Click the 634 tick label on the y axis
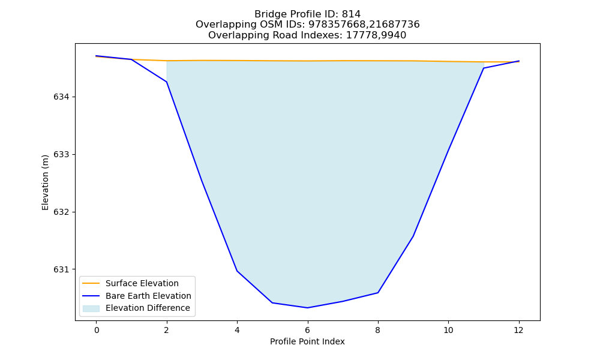coord(62,97)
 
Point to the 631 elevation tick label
coord(62,270)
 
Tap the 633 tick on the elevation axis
coord(62,155)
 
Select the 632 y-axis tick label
coord(62,212)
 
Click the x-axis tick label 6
coord(308,330)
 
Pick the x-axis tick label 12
coord(518,330)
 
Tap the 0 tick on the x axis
coord(97,330)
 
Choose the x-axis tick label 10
coord(448,330)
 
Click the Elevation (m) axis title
coord(45,182)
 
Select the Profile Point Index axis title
coord(307,341)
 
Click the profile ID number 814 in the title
coord(351,14)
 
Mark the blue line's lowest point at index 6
coord(307,308)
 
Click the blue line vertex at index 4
coord(237,271)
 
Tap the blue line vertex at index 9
coord(413,236)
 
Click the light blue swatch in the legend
coord(91,308)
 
